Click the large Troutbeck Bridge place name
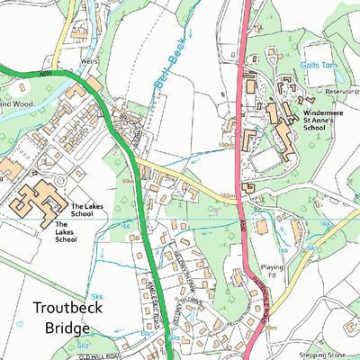[x=67, y=320]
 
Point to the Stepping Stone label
[x=328, y=355]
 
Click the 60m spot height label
[x=128, y=181]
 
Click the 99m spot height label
[x=271, y=328]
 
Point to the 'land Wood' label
[x=15, y=104]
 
